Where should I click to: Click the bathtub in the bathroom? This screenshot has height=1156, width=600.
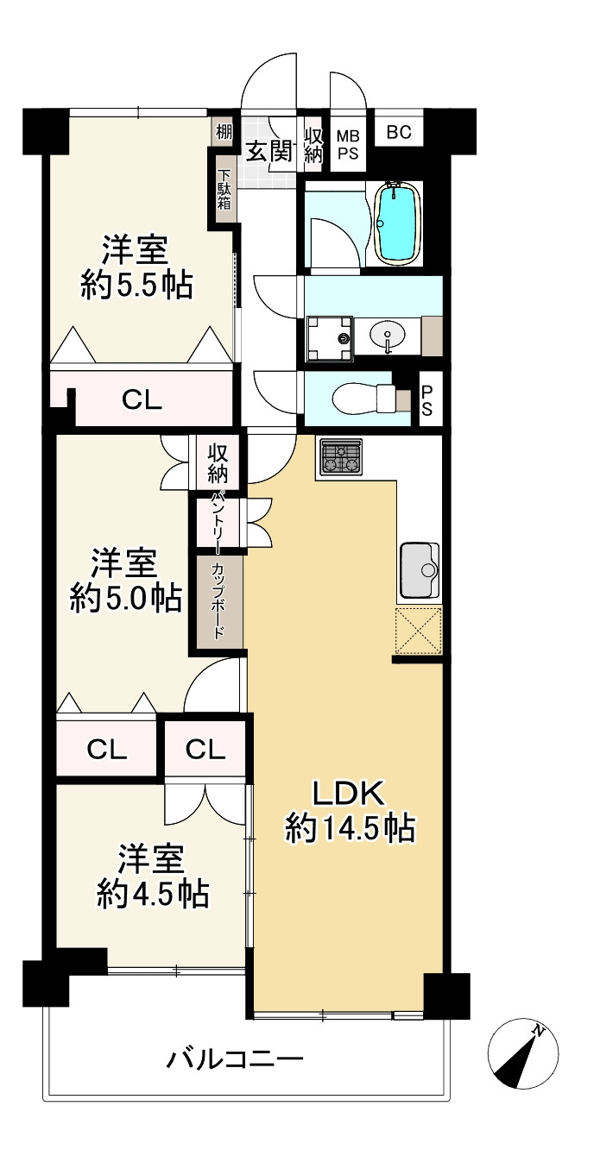click(x=395, y=223)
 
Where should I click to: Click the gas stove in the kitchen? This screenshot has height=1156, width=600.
click(x=340, y=456)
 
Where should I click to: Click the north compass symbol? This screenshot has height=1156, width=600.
click(x=523, y=1052)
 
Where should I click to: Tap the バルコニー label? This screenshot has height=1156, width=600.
click(x=234, y=1059)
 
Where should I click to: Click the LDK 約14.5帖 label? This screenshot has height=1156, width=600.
click(x=350, y=813)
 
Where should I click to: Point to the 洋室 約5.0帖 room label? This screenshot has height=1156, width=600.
click(x=125, y=581)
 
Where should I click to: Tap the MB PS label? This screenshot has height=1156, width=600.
click(x=348, y=145)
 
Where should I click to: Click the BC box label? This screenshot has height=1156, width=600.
click(x=399, y=132)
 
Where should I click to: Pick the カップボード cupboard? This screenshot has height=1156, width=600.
click(x=219, y=603)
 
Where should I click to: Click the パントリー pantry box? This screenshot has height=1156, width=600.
click(x=217, y=523)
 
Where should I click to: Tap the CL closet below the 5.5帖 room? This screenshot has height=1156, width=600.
click(x=142, y=399)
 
